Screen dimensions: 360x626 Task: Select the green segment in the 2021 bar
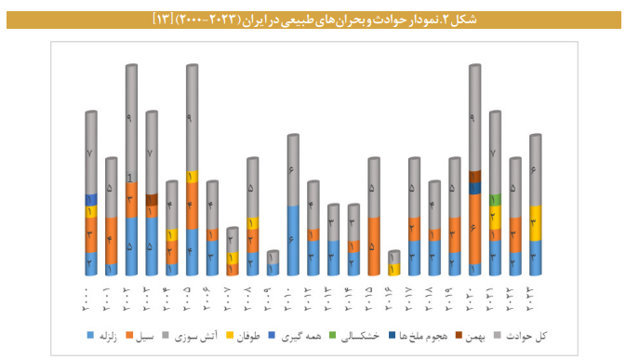tap(495, 199)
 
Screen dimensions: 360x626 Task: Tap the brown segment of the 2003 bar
tap(152, 199)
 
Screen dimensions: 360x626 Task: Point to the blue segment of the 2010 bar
tap(293, 240)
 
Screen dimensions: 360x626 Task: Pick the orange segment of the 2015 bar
tap(373, 246)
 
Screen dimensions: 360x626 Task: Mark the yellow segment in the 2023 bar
tap(536, 223)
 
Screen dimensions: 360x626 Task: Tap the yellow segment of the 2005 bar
tap(192, 177)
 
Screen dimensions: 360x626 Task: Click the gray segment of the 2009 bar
tap(273, 257)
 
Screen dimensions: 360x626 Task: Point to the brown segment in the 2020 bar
tap(474, 176)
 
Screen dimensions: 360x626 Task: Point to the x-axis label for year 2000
tap(90, 298)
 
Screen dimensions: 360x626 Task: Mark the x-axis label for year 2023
tap(536, 298)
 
